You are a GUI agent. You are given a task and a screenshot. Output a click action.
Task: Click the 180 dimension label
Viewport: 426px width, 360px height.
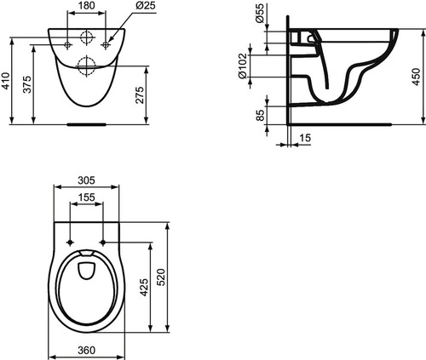coord(87,5)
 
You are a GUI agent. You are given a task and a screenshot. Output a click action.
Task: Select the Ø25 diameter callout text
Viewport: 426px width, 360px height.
coord(146,5)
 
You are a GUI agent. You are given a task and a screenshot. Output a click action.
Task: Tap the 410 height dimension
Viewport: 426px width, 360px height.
coord(6,81)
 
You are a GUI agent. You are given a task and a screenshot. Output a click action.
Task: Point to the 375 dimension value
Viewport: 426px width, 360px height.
coord(27,84)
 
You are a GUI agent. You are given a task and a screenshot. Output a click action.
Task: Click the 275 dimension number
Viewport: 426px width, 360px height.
coord(140,95)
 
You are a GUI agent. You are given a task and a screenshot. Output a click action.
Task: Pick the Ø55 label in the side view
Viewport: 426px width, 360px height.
coord(260,14)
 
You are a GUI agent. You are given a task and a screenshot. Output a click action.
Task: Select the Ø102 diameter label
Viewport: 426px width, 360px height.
coord(242,66)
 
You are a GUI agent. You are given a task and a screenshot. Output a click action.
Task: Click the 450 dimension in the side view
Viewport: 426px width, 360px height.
coord(416,77)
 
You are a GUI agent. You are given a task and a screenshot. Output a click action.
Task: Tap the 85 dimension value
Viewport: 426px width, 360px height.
coord(260,115)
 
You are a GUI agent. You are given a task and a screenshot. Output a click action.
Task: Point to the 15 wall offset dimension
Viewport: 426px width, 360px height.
coord(305,138)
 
